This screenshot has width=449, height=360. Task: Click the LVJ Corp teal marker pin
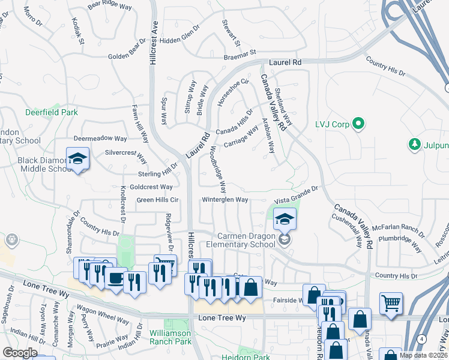(x=359, y=125)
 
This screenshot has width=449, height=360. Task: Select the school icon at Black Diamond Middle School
(x=77, y=159)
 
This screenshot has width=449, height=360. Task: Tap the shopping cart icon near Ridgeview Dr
(x=165, y=265)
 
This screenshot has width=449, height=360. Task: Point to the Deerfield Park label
(x=52, y=112)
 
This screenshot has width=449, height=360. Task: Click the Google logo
(x=20, y=353)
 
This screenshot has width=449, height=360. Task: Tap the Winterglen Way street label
(x=225, y=200)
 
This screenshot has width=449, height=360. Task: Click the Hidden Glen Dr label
(x=179, y=40)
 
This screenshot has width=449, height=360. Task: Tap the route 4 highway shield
(x=423, y=340)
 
